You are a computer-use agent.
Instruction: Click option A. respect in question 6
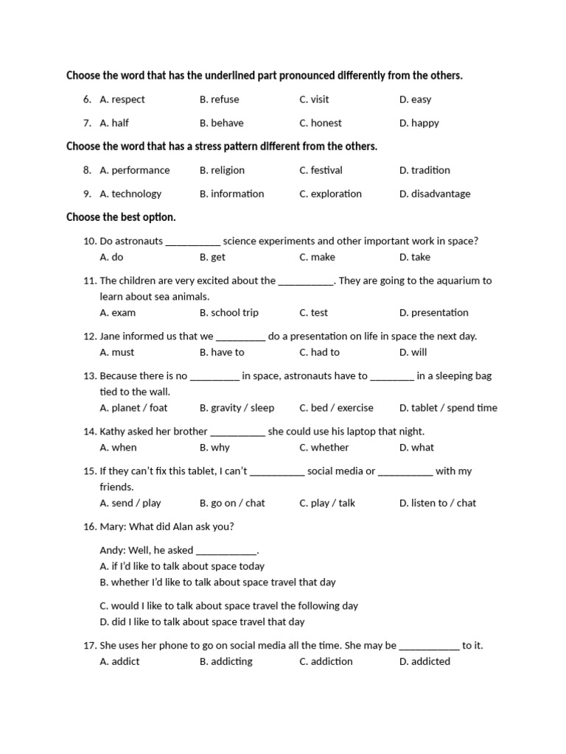click(x=122, y=99)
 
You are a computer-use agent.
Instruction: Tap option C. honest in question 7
click(x=321, y=123)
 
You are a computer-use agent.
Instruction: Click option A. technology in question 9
click(x=130, y=194)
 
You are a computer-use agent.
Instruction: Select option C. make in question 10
click(x=317, y=257)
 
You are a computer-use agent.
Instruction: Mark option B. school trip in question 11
click(x=228, y=312)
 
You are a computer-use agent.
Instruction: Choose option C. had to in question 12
click(x=319, y=352)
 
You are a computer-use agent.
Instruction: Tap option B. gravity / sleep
click(x=237, y=407)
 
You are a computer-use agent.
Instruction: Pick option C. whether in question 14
click(x=324, y=447)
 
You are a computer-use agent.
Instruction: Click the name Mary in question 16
click(x=113, y=526)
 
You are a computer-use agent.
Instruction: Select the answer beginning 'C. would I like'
click(x=228, y=605)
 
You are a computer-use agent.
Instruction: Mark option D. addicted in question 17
click(x=424, y=661)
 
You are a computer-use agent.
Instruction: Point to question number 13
click(x=90, y=376)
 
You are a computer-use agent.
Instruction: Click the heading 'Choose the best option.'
click(x=121, y=217)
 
